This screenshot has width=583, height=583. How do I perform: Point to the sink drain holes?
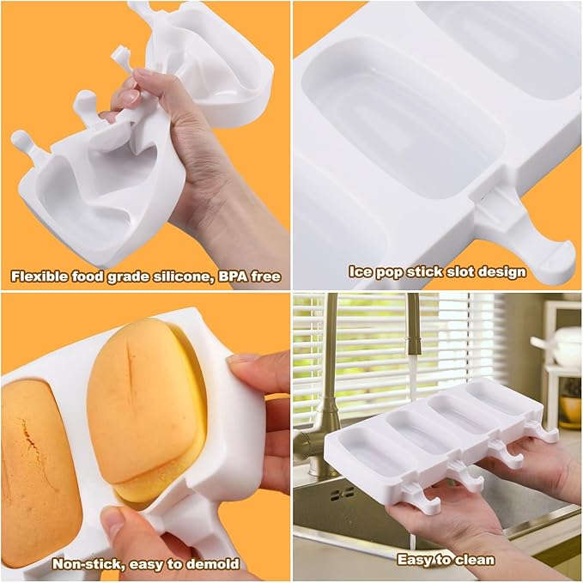pyautogui.click(x=343, y=494)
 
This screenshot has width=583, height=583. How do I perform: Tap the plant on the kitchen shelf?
pyautogui.click(x=571, y=395)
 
